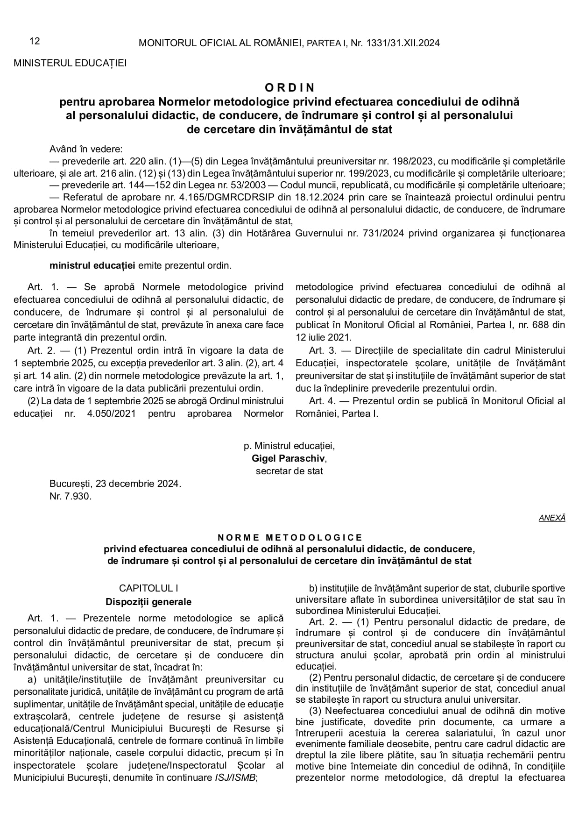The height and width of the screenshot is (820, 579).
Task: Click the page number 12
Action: coord(35,41)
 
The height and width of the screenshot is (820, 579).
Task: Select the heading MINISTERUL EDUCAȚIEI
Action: coord(70,63)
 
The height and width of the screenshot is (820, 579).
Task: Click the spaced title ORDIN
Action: coord(289,87)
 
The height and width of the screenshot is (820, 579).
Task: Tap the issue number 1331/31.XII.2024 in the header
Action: coord(403,43)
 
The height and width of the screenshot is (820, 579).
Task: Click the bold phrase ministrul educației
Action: coord(92,266)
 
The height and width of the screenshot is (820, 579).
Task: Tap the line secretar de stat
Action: coord(289,471)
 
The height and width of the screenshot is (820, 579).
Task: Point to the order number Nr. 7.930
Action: coord(71,496)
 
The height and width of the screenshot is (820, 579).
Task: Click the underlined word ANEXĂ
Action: coord(552,518)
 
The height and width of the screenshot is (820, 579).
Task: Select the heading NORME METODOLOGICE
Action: coord(289,538)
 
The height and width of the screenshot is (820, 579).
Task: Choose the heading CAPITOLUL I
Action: coord(148,588)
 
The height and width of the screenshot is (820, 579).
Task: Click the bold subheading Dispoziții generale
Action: coord(148,602)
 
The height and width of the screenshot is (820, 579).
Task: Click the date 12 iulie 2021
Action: coord(324,336)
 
